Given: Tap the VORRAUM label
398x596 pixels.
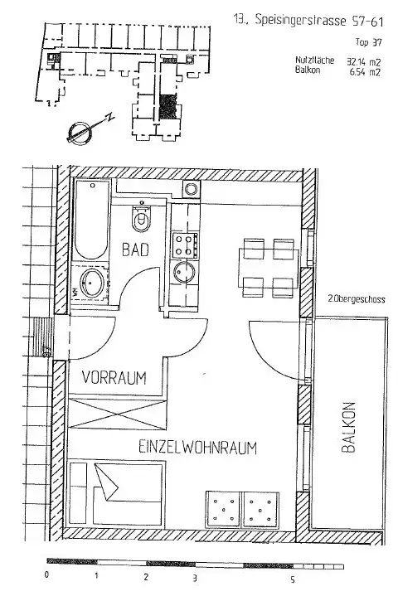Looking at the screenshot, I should [114, 378].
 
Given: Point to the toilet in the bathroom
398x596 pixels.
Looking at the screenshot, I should [142, 220].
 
